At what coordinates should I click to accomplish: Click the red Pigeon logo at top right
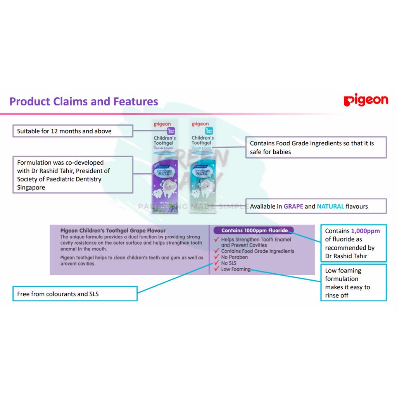pyautogui.click(x=366, y=100)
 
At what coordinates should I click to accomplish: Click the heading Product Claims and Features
pyautogui.click(x=84, y=102)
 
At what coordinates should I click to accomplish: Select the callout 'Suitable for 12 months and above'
pyautogui.click(x=73, y=131)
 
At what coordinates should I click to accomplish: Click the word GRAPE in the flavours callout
pyautogui.click(x=293, y=206)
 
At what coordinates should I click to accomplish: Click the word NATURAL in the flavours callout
pyautogui.click(x=330, y=206)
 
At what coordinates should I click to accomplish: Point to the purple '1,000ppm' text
pyautogui.click(x=365, y=231)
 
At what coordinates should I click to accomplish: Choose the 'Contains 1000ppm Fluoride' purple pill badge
pyautogui.click(x=254, y=230)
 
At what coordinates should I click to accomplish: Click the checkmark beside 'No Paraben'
pyautogui.click(x=217, y=257)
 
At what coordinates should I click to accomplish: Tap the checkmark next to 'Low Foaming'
pyautogui.click(x=217, y=269)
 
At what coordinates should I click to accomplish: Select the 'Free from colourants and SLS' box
pyautogui.click(x=75, y=294)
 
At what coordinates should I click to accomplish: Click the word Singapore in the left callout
pyautogui.click(x=31, y=188)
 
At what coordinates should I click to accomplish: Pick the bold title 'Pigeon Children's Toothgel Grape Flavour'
pyautogui.click(x=113, y=231)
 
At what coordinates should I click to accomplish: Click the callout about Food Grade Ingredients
pyautogui.click(x=316, y=147)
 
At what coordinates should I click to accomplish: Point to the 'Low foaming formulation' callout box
pyautogui.click(x=353, y=283)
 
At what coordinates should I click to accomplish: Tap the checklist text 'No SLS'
pyautogui.click(x=229, y=263)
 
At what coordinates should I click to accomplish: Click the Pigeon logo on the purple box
pyautogui.click(x=162, y=124)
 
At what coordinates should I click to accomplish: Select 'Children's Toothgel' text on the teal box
pyautogui.click(x=202, y=140)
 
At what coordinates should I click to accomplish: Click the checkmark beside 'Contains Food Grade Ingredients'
pyautogui.click(x=217, y=251)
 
